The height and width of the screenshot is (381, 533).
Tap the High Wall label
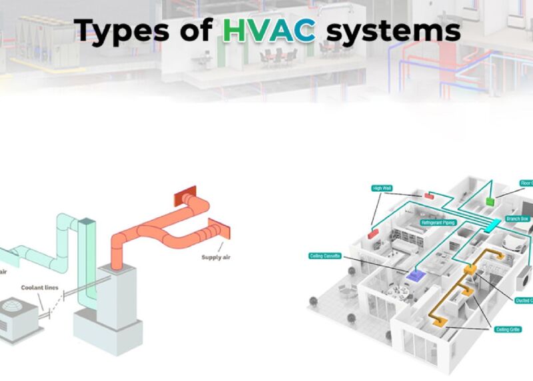pyautogui.click(x=383, y=189)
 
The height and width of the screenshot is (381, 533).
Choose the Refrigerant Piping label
pyautogui.click(x=438, y=222)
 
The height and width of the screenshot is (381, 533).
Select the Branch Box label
pyautogui.click(x=518, y=218)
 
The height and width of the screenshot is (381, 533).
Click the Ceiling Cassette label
pyautogui.click(x=325, y=256)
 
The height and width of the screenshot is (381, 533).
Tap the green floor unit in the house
pyautogui.click(x=490, y=200)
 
